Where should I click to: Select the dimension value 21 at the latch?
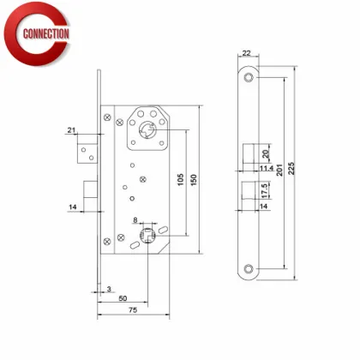[71, 131]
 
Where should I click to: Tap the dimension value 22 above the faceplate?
[247, 53]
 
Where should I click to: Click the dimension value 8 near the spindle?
[135, 219]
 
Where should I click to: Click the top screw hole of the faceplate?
[248, 79]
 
